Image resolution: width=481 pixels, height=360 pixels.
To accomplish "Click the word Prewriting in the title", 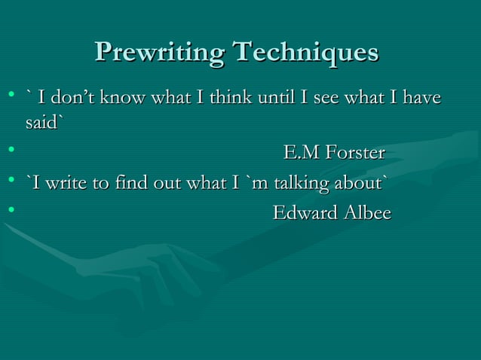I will pyautogui.click(x=159, y=53).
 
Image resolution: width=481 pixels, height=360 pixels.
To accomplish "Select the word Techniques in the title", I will pyautogui.click(x=305, y=53).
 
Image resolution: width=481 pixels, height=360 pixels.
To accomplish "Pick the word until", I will pyautogui.click(x=275, y=97).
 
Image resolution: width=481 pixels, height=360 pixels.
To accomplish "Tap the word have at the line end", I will pyautogui.click(x=422, y=97).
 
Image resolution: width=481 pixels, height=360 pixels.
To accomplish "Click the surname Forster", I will pyautogui.click(x=356, y=154).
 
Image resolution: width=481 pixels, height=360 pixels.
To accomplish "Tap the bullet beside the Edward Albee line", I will pyautogui.click(x=11, y=215).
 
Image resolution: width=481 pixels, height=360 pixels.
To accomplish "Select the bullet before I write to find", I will pyautogui.click(x=11, y=185).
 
